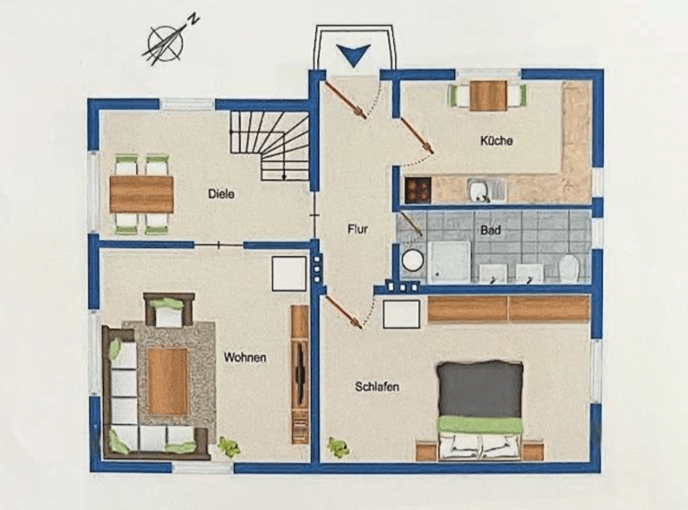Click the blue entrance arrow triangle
354,55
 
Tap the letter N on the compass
193,20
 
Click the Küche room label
496,140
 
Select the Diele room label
220,193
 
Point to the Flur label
357,229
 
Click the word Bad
490,230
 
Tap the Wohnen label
245,358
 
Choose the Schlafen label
377,387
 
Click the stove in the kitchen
417,190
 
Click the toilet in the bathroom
569,268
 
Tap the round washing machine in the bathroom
412,260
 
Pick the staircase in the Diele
270,146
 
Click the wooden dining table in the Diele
142,194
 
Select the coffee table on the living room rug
168,381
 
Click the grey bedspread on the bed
480,390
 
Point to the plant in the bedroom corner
338,447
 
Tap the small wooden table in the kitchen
488,96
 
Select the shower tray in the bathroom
450,261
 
